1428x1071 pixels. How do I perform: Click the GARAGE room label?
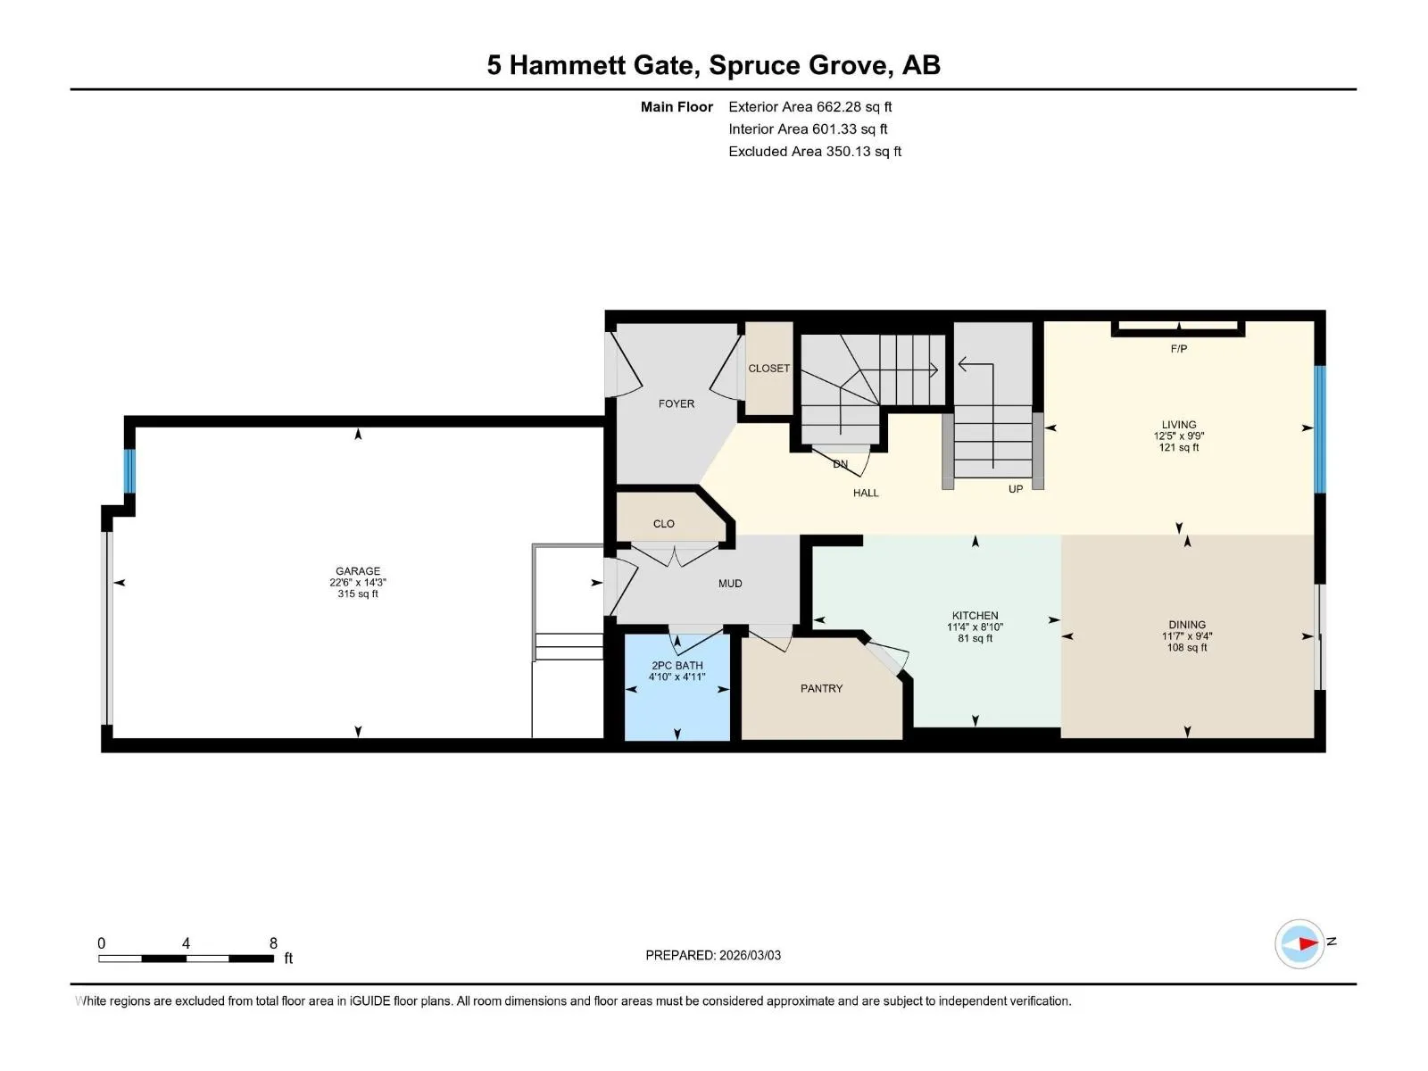tap(358, 571)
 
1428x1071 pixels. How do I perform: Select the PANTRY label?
tap(821, 688)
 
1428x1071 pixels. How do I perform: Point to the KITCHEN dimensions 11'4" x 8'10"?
tap(975, 627)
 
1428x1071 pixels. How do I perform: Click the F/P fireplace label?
tap(1178, 349)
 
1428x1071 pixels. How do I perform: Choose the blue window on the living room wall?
tap(1320, 429)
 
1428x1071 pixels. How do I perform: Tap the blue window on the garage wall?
tap(129, 471)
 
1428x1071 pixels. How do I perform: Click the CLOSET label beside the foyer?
tap(769, 368)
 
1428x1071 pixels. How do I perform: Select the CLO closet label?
tap(664, 524)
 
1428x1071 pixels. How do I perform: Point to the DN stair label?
tap(841, 464)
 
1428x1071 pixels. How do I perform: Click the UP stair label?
tap(1016, 489)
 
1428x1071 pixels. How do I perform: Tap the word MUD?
tap(730, 584)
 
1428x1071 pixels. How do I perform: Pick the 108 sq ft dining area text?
tap(1187, 647)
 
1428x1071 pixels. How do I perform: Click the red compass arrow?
tap(1308, 942)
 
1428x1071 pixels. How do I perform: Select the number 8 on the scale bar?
tap(273, 942)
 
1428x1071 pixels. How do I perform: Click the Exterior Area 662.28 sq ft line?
tap(810, 106)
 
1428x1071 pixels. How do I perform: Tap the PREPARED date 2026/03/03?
tap(750, 955)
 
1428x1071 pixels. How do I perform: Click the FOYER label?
tap(676, 403)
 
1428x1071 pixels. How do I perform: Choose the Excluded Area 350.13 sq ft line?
tap(815, 152)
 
